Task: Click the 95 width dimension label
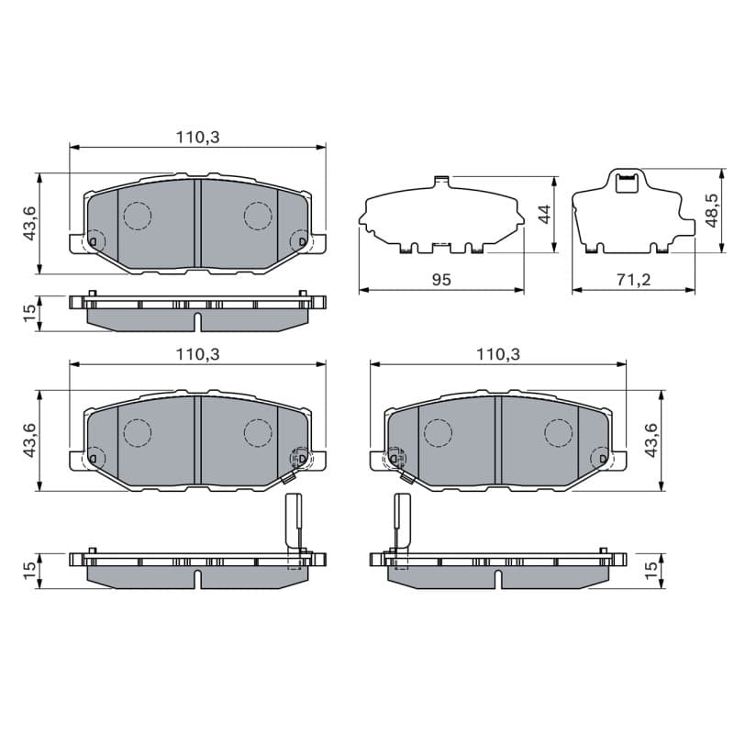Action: point(441,280)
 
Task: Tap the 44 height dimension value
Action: point(544,215)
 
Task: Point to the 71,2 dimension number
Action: point(633,280)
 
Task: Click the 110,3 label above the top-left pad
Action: point(197,137)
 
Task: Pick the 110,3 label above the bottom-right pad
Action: point(498,354)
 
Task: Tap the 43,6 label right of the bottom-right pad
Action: point(651,440)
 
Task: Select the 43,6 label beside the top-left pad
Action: point(30,223)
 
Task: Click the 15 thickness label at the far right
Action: point(651,570)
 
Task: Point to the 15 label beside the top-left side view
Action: point(29,313)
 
